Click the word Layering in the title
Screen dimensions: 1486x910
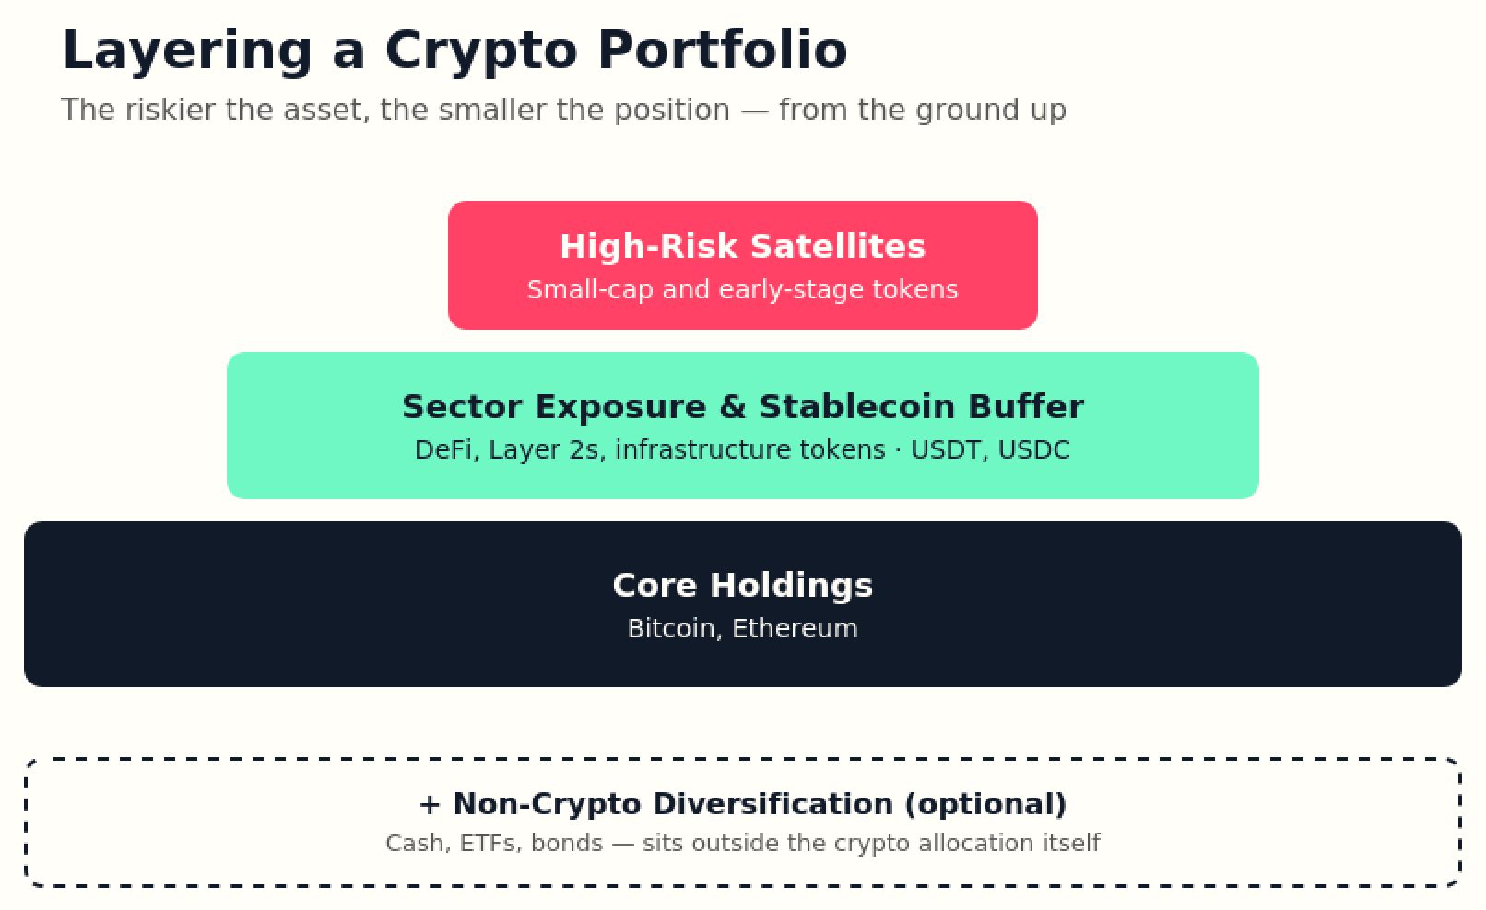pos(187,52)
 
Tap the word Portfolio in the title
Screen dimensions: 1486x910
pos(723,50)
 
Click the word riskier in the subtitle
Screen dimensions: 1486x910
pos(170,110)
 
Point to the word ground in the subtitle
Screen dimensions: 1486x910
pos(968,111)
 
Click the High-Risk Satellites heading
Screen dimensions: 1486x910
pos(742,246)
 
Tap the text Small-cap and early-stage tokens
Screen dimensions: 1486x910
pos(742,289)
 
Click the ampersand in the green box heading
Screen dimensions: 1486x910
pos(732,406)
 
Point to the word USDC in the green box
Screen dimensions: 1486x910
pos(1034,450)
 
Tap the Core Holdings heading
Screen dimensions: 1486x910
pos(742,586)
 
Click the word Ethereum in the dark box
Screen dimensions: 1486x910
pos(795,628)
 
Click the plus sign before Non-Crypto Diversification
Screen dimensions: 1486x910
pos(430,805)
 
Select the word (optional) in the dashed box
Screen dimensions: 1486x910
pos(985,804)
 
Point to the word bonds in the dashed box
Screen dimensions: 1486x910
pos(567,843)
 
